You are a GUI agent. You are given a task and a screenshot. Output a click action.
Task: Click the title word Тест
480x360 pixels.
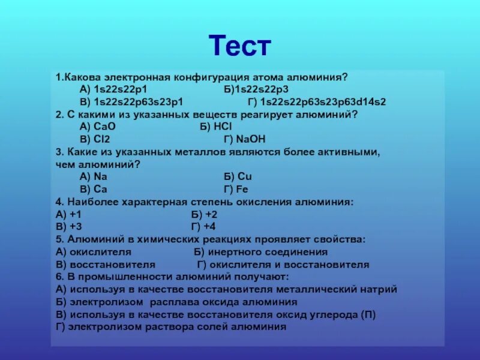pos(240,46)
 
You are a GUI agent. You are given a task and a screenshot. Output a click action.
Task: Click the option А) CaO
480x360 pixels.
pos(97,127)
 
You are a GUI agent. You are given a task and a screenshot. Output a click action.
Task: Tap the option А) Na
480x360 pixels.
pos(93,176)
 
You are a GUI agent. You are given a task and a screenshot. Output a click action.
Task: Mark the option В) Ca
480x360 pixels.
pos(93,189)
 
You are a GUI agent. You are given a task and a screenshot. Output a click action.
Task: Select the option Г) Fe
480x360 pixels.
pos(236,189)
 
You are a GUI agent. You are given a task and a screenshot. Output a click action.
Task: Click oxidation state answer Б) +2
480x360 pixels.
pos(204,214)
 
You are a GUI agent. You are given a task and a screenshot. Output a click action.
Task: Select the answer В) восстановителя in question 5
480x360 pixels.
pos(106,265)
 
